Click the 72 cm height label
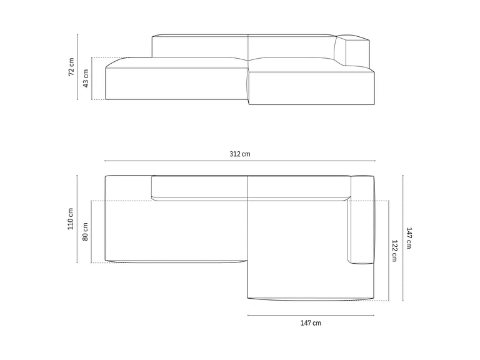(x=71, y=67)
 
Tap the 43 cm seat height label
(x=86, y=78)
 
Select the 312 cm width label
(x=240, y=154)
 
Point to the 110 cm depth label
(x=71, y=219)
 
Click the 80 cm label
(x=85, y=231)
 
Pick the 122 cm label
(x=394, y=251)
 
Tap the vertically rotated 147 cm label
(x=409, y=238)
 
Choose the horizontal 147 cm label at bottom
(x=311, y=323)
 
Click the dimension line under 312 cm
(x=240, y=161)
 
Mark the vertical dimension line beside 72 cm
(x=77, y=67)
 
